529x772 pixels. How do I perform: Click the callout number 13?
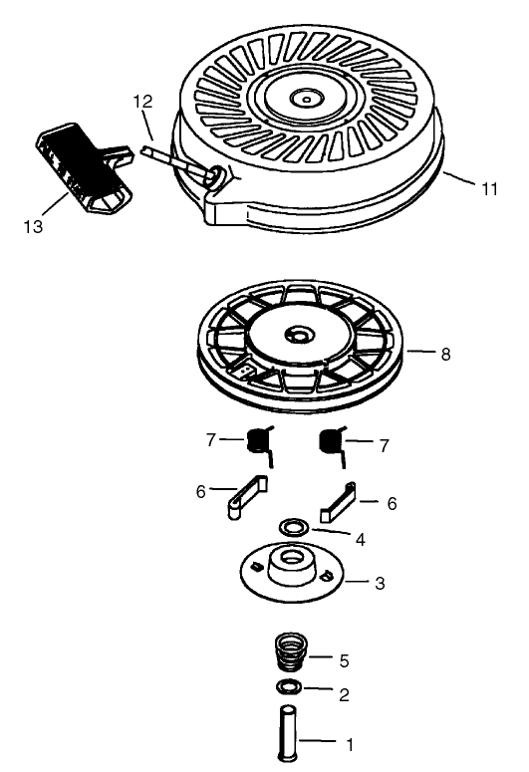point(33,226)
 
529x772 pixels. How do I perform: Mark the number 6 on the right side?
point(391,505)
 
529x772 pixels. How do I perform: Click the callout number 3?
point(379,582)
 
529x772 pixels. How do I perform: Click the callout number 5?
point(344,659)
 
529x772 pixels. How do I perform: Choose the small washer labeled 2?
point(289,689)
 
